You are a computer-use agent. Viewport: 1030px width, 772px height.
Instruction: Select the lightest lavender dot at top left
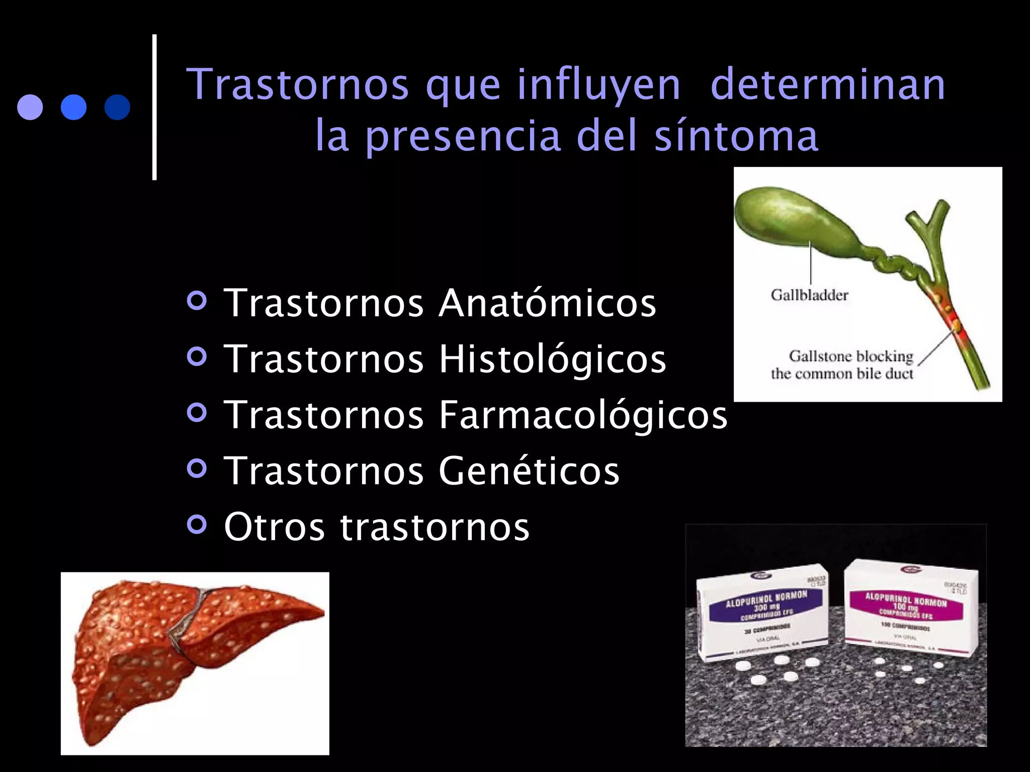[x=30, y=107]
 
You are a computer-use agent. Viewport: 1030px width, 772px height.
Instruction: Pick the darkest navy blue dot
[x=117, y=107]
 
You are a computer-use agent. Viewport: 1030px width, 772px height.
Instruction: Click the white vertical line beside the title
[x=154, y=107]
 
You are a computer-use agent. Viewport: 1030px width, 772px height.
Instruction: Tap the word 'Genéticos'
[x=529, y=471]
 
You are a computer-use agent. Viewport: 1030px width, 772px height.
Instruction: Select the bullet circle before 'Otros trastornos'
[x=197, y=525]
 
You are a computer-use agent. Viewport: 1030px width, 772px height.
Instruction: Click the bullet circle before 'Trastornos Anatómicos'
[x=197, y=302]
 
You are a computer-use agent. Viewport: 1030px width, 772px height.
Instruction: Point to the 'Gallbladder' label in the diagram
[x=809, y=295]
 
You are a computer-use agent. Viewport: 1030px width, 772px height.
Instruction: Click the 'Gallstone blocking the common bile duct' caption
[x=843, y=365]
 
